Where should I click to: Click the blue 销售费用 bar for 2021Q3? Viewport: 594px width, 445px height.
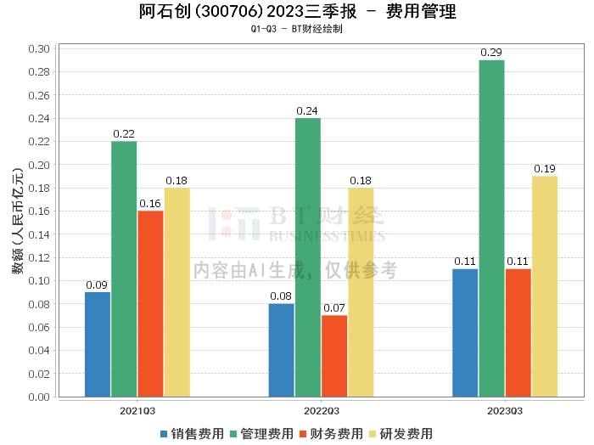pyautogui.click(x=98, y=344)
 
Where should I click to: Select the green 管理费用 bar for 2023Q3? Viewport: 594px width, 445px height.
pyautogui.click(x=491, y=228)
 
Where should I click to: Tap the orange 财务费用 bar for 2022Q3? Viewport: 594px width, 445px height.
pyautogui.click(x=334, y=356)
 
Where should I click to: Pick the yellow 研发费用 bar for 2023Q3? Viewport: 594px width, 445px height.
pyautogui.click(x=545, y=286)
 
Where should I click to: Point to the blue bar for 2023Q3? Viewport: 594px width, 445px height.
pyautogui.click(x=465, y=333)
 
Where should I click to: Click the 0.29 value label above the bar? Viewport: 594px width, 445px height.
pyautogui.click(x=491, y=53)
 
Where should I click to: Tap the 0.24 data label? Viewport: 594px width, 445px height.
pyautogui.click(x=308, y=111)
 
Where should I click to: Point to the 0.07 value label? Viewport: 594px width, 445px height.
pyautogui.click(x=334, y=308)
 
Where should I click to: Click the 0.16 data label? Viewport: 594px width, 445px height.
pyautogui.click(x=150, y=204)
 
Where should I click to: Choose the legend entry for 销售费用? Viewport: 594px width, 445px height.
pyautogui.click(x=192, y=434)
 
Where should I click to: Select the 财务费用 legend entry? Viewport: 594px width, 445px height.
pyautogui.click(x=330, y=434)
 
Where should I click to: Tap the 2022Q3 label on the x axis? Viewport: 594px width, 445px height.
pyautogui.click(x=321, y=410)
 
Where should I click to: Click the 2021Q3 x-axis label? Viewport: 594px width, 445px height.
pyautogui.click(x=137, y=410)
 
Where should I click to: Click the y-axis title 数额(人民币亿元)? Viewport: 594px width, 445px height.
pyautogui.click(x=16, y=222)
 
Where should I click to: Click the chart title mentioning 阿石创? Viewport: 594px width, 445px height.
pyautogui.click(x=297, y=12)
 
